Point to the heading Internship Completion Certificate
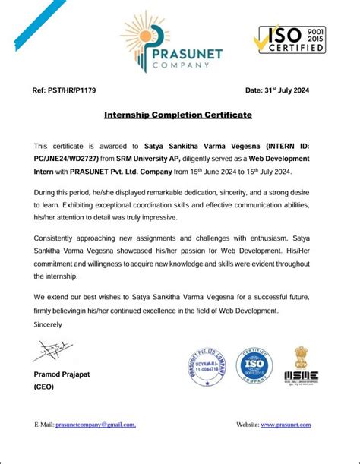click(178, 116)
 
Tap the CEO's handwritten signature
click(52, 350)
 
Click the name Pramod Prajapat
click(64, 375)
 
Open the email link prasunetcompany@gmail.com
click(96, 425)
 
